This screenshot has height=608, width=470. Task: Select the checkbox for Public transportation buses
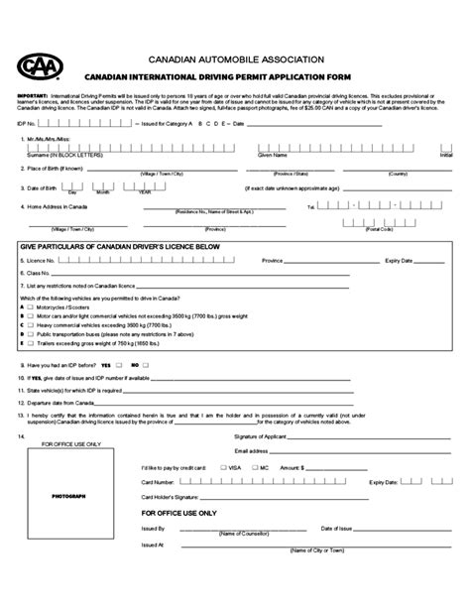30,335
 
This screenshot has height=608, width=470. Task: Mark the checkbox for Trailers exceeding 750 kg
30,344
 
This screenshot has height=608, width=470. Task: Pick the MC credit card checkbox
253,465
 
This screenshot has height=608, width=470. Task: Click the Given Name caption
271,156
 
